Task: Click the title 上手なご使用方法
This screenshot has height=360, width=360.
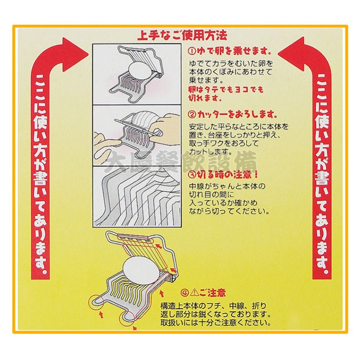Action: coord(182,35)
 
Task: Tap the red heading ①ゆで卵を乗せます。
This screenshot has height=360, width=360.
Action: coord(229,51)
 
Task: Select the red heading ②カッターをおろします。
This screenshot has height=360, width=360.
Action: coord(232,115)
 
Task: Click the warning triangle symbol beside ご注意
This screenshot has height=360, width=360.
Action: coord(194,293)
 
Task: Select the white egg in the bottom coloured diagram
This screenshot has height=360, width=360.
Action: coord(141,270)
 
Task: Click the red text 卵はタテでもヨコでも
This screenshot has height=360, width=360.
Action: coord(226,89)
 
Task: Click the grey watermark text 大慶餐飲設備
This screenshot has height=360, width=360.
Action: coord(181,161)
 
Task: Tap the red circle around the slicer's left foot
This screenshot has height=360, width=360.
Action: coord(97,302)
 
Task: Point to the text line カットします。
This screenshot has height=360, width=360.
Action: coord(207,152)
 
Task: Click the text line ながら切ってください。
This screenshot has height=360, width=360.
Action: coord(229,211)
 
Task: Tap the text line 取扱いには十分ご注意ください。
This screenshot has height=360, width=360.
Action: coord(215,322)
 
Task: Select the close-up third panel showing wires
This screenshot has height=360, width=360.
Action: coord(137,197)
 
